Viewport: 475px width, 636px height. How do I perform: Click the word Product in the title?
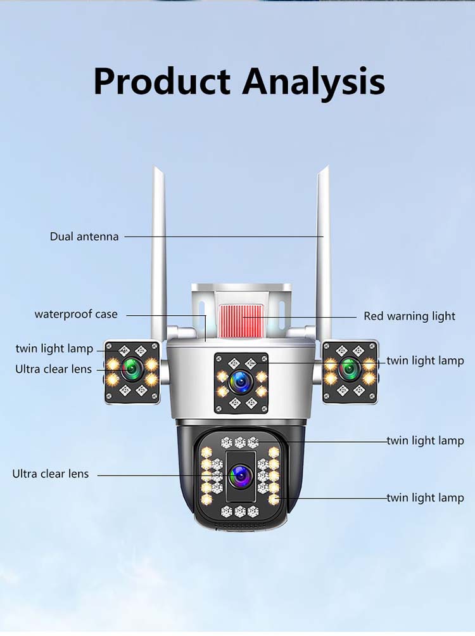point(161,81)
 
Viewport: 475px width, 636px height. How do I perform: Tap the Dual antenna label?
point(84,237)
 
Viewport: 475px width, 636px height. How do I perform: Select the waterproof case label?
point(76,315)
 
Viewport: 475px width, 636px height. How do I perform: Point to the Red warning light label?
point(409,316)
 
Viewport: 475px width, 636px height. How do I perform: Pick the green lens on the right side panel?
point(349,368)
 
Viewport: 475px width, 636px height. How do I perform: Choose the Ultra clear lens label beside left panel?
point(53,369)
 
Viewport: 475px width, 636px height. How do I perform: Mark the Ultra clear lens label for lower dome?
point(51,474)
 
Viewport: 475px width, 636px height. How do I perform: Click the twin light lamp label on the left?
point(54,349)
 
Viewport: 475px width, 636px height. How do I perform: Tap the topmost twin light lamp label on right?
point(425,361)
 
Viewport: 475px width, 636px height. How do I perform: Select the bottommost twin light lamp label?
point(425,498)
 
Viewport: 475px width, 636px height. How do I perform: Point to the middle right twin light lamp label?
point(425,441)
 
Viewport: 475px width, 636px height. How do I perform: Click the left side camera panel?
point(132,372)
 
